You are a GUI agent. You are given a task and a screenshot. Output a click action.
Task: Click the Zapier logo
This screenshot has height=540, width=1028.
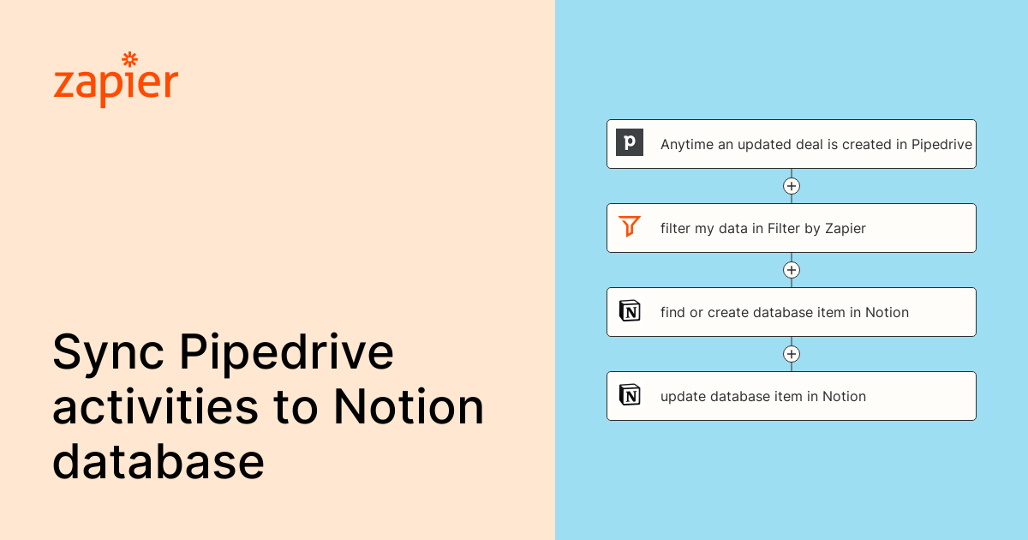116,82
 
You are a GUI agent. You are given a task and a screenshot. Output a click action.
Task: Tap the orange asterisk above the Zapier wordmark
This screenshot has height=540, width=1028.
130,59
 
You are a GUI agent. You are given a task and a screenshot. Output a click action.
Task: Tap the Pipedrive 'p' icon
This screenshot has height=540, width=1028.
630,142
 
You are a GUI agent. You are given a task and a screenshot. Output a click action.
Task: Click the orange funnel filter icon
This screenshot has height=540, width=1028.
630,227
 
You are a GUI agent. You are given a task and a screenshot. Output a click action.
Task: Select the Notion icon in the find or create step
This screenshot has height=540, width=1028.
630,311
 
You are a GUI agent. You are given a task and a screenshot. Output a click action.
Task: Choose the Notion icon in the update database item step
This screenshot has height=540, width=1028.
630,395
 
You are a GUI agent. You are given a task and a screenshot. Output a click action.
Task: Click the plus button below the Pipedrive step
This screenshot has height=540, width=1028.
792,186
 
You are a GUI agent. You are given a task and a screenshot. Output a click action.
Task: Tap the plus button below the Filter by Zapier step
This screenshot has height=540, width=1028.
792,270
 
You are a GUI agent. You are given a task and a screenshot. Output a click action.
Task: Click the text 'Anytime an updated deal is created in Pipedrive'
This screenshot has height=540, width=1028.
816,145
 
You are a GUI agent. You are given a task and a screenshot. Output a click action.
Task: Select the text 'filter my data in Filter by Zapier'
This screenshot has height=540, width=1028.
762,229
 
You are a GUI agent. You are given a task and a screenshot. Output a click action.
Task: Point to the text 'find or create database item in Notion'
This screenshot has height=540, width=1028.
784,313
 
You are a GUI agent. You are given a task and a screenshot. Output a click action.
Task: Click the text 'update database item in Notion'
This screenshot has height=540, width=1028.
762,397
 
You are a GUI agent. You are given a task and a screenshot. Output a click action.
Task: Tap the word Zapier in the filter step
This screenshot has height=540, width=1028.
845,229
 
